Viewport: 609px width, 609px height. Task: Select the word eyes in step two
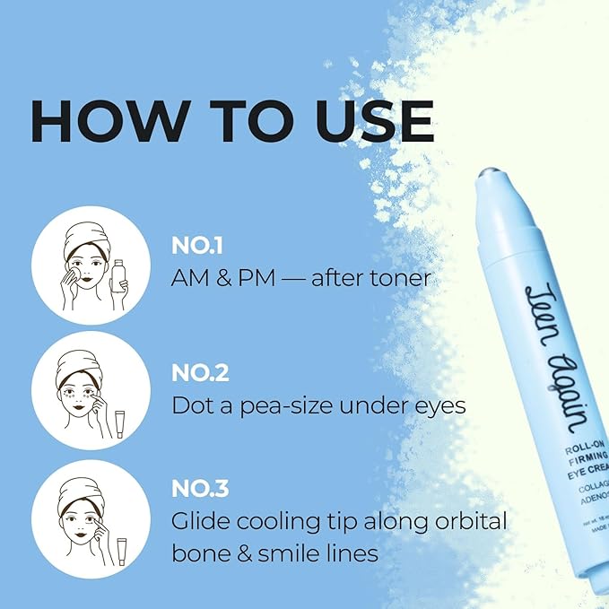pos(439,405)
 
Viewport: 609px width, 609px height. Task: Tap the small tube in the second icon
pos(119,422)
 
